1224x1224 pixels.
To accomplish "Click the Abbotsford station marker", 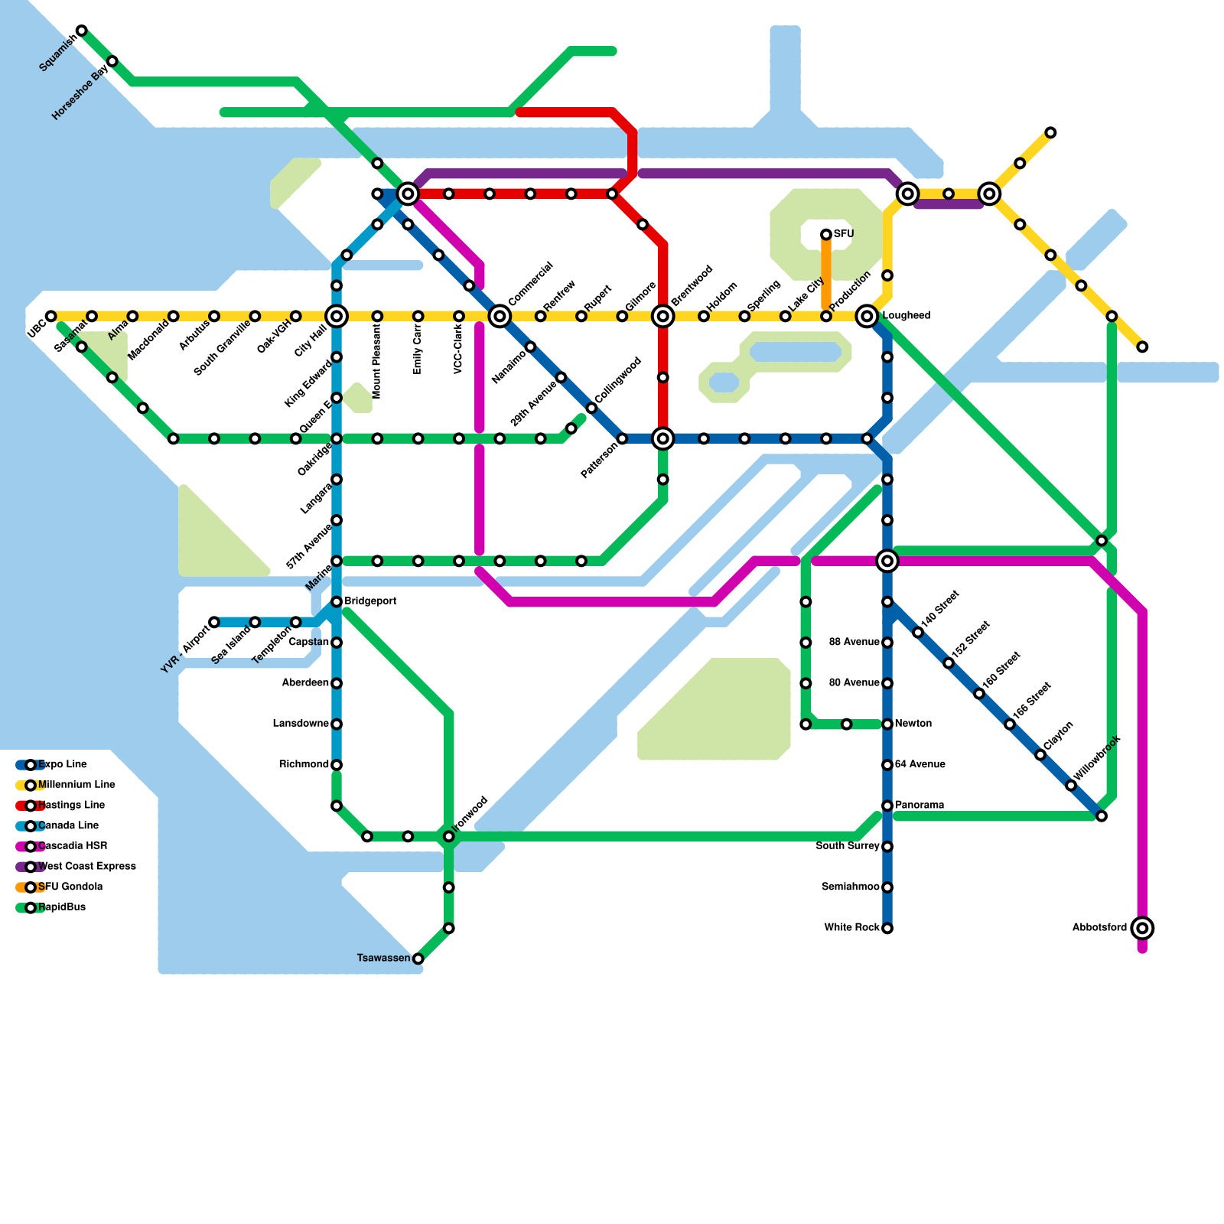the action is coord(1142,928).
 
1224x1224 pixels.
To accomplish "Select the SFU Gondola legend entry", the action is coord(70,887).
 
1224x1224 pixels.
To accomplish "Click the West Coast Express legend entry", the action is coord(86,866).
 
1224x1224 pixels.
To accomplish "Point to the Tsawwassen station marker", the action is coord(418,959).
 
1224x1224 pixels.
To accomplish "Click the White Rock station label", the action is coord(851,928).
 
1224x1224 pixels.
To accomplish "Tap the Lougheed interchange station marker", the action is coord(867,315).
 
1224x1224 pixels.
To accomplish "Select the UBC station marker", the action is coord(50,316).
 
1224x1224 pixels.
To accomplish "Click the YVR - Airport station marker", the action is coord(214,622).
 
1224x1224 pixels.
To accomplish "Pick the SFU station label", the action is coord(844,233).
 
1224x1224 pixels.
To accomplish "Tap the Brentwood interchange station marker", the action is coord(663,316).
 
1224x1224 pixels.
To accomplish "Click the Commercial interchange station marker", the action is coord(500,316).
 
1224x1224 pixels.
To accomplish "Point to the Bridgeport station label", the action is coord(370,601).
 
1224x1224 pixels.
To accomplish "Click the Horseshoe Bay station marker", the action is coord(112,61).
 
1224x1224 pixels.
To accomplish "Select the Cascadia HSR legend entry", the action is coord(72,846).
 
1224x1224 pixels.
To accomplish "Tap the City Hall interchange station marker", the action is coord(337,316).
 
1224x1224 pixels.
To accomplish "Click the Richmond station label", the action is coord(304,764).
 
